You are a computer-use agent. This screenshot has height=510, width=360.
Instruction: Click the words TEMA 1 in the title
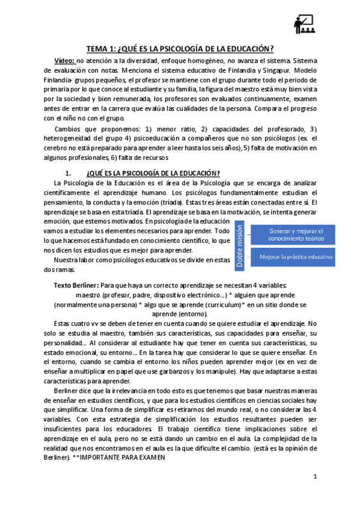pos(101,49)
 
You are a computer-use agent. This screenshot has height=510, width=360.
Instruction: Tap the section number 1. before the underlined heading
pos(67,173)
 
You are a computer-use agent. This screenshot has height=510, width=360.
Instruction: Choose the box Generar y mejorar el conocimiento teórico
pos(296,235)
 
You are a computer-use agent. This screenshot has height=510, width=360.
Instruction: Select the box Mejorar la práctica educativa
pos(296,257)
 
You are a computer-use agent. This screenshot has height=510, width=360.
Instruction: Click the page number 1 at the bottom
pos(314,476)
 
